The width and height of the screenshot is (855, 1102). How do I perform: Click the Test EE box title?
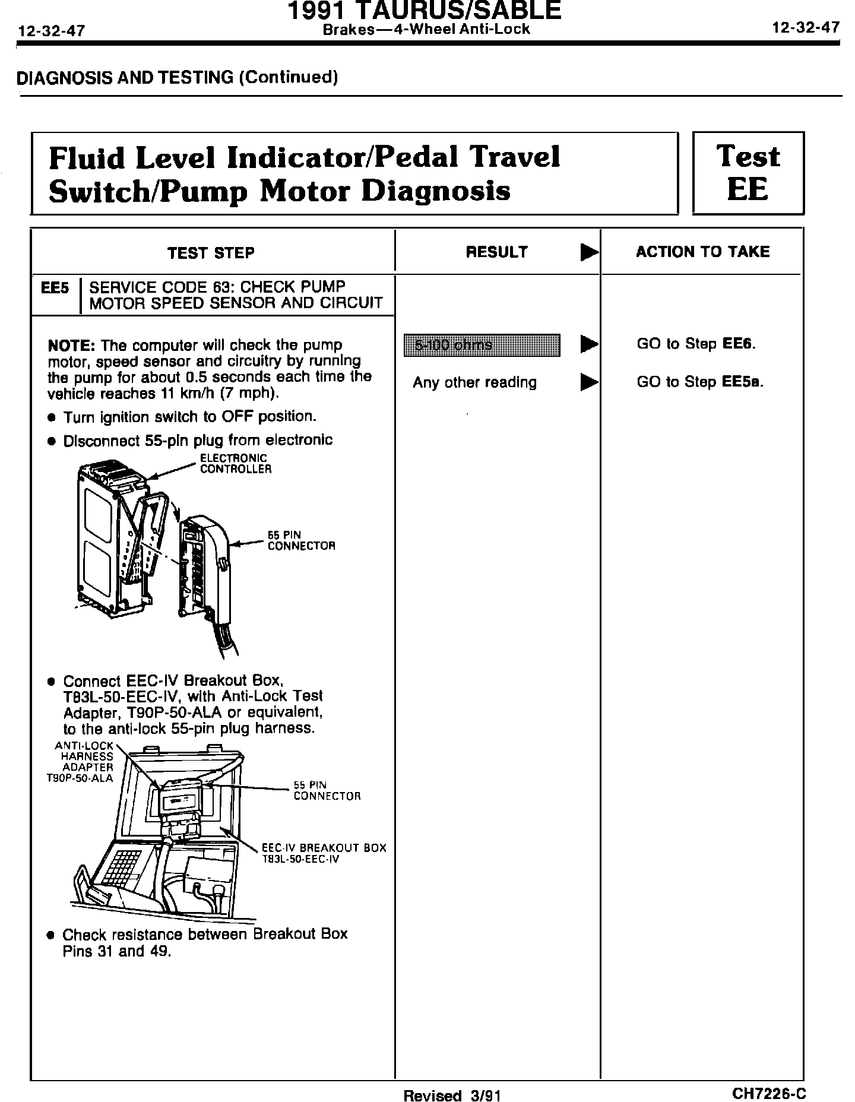(x=748, y=173)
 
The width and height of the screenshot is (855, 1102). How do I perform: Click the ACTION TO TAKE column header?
(x=702, y=252)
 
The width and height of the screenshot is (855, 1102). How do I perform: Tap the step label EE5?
(x=55, y=289)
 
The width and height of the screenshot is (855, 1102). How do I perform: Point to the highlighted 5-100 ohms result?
(x=482, y=345)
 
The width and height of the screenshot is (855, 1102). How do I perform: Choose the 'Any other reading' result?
(x=474, y=382)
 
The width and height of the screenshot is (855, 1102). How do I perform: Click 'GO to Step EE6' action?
(x=696, y=344)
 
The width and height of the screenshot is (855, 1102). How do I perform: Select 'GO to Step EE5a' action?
(x=699, y=382)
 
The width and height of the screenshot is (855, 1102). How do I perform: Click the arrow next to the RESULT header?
(x=589, y=253)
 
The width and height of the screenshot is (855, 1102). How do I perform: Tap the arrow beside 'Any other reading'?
(x=589, y=382)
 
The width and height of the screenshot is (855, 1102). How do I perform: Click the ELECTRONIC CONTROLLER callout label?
(x=235, y=464)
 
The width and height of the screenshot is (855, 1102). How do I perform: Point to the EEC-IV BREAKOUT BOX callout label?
(x=324, y=853)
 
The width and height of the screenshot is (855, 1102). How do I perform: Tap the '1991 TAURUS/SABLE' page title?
(x=424, y=11)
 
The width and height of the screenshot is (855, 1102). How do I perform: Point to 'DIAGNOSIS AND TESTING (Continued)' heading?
(x=178, y=78)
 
